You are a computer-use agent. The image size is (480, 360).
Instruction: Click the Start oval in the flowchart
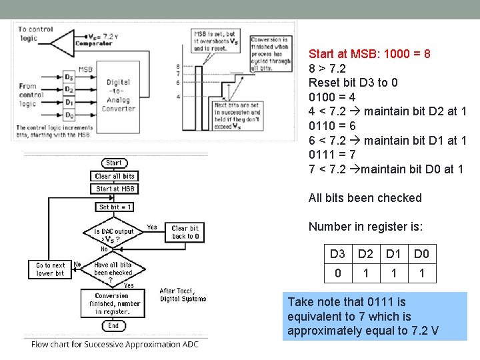pos(114,163)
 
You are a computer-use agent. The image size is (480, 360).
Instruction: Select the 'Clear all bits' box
pos(114,176)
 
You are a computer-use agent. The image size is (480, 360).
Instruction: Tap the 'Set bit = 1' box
pos(115,207)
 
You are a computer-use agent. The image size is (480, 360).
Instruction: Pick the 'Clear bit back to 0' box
pos(185,232)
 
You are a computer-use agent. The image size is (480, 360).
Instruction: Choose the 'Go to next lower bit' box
pos(50,269)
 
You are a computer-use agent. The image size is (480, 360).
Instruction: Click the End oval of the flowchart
pos(113,326)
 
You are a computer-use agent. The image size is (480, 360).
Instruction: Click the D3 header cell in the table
pos(337,254)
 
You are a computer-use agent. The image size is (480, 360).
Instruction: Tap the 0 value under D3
pos(337,273)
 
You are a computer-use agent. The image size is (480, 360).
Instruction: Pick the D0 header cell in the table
pos(421,254)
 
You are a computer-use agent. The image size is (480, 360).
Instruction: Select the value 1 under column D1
pos(393,273)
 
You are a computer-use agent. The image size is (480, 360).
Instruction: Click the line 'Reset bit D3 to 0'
pos(353,82)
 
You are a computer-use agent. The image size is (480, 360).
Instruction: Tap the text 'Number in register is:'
pos(365,227)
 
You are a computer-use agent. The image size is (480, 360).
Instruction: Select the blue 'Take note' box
pos(375,316)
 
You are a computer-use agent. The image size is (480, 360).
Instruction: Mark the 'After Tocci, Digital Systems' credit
pos(183,295)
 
